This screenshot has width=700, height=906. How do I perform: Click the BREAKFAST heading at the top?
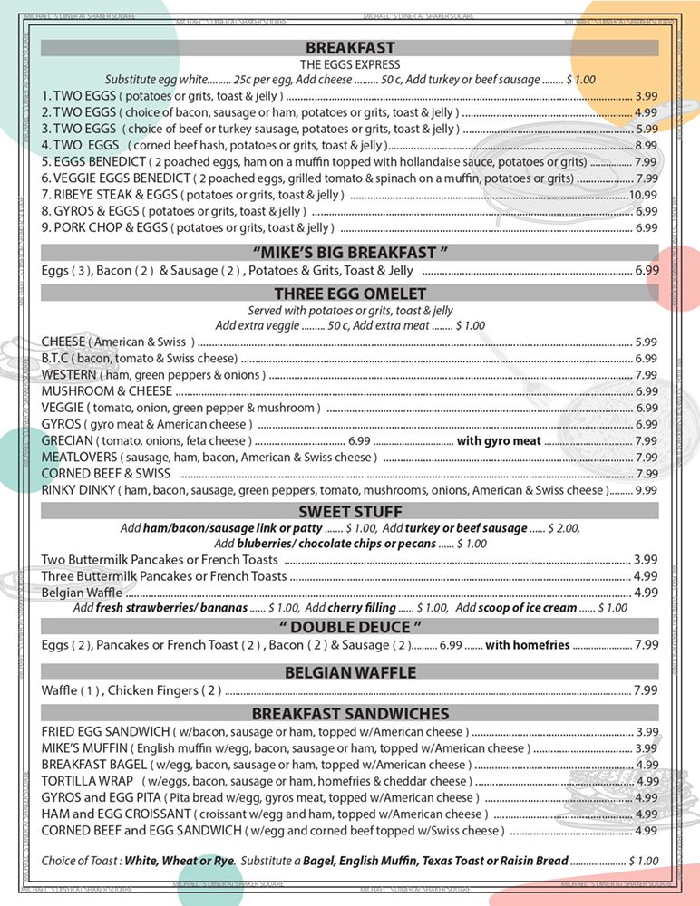coord(349,48)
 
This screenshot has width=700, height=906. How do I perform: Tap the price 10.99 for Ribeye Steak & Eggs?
coord(643,195)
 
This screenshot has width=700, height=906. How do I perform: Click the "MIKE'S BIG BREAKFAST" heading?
coord(349,251)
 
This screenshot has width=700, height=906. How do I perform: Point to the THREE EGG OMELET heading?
coord(349,294)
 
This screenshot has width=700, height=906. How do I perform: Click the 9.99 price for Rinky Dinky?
coord(646,489)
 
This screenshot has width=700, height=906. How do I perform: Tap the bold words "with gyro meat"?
coord(498,441)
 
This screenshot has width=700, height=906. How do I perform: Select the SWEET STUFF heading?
coord(349,512)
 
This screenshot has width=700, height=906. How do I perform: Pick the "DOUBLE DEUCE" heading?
coord(349,627)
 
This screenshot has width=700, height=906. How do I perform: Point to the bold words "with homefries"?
coord(527,645)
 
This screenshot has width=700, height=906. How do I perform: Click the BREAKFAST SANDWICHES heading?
coord(349,714)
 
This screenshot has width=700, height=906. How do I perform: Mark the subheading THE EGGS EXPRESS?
coord(349,64)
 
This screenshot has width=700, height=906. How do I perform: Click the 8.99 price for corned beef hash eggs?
coord(646,145)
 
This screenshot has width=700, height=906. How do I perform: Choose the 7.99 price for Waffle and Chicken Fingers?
coord(646,690)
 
